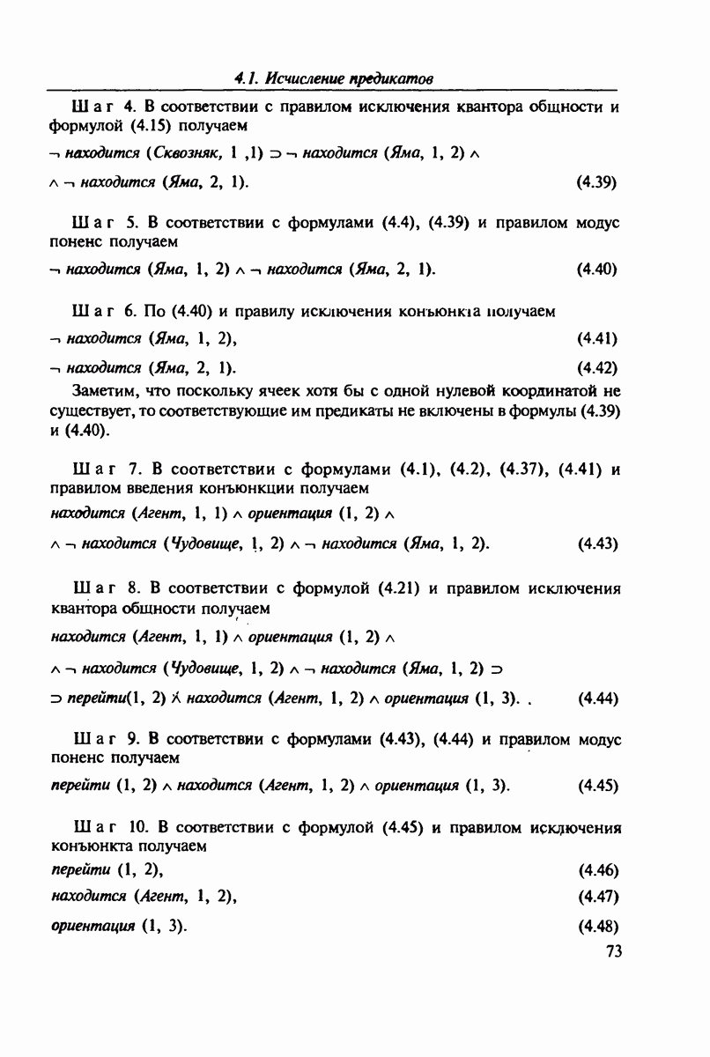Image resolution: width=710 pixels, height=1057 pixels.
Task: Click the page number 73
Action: pyautogui.click(x=614, y=951)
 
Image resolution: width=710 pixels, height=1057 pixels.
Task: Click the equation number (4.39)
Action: pyautogui.click(x=595, y=183)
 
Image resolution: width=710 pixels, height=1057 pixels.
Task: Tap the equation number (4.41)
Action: pyautogui.click(x=596, y=338)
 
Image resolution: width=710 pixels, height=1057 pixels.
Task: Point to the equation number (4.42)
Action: pyautogui.click(x=596, y=367)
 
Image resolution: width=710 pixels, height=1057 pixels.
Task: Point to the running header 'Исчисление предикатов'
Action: pyautogui.click(x=339, y=78)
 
